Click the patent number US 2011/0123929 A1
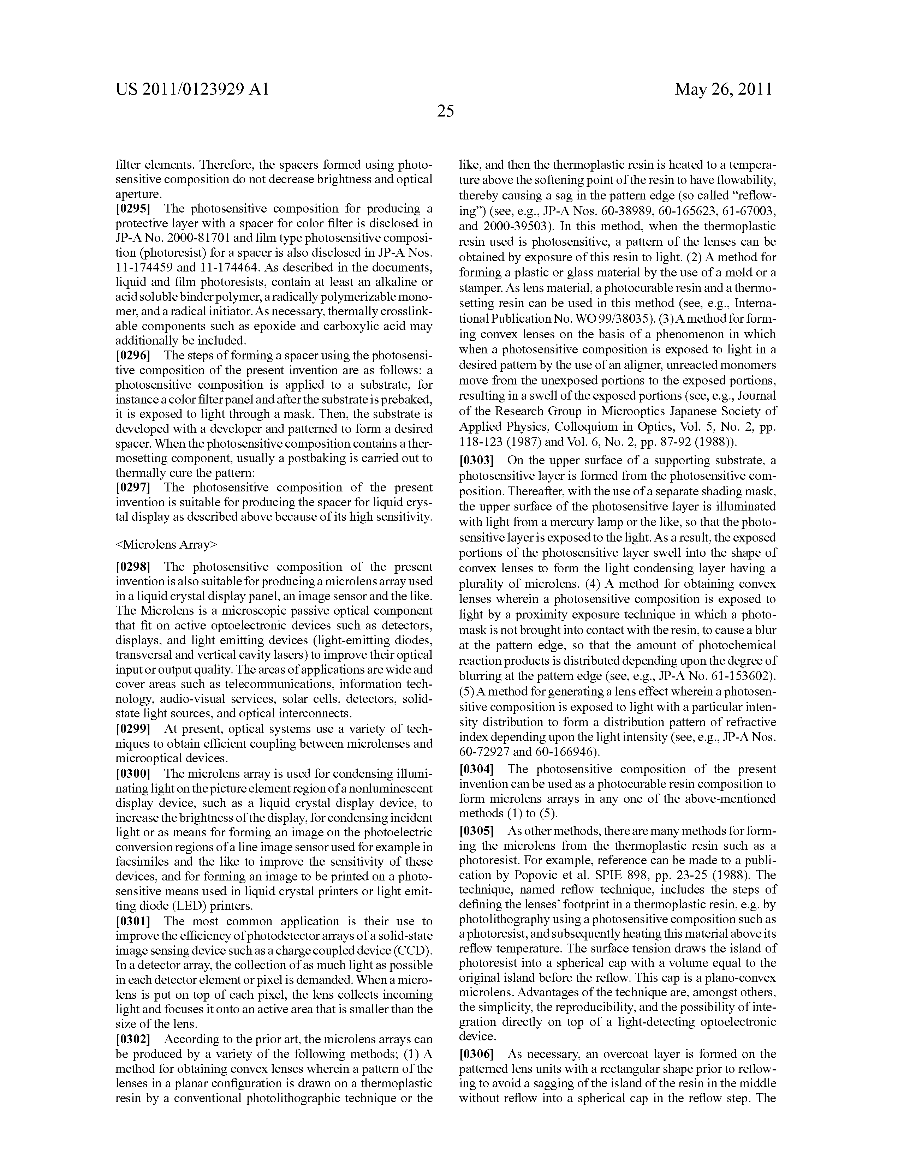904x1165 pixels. pyautogui.click(x=192, y=89)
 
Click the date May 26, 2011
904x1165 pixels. pyautogui.click(x=723, y=89)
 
